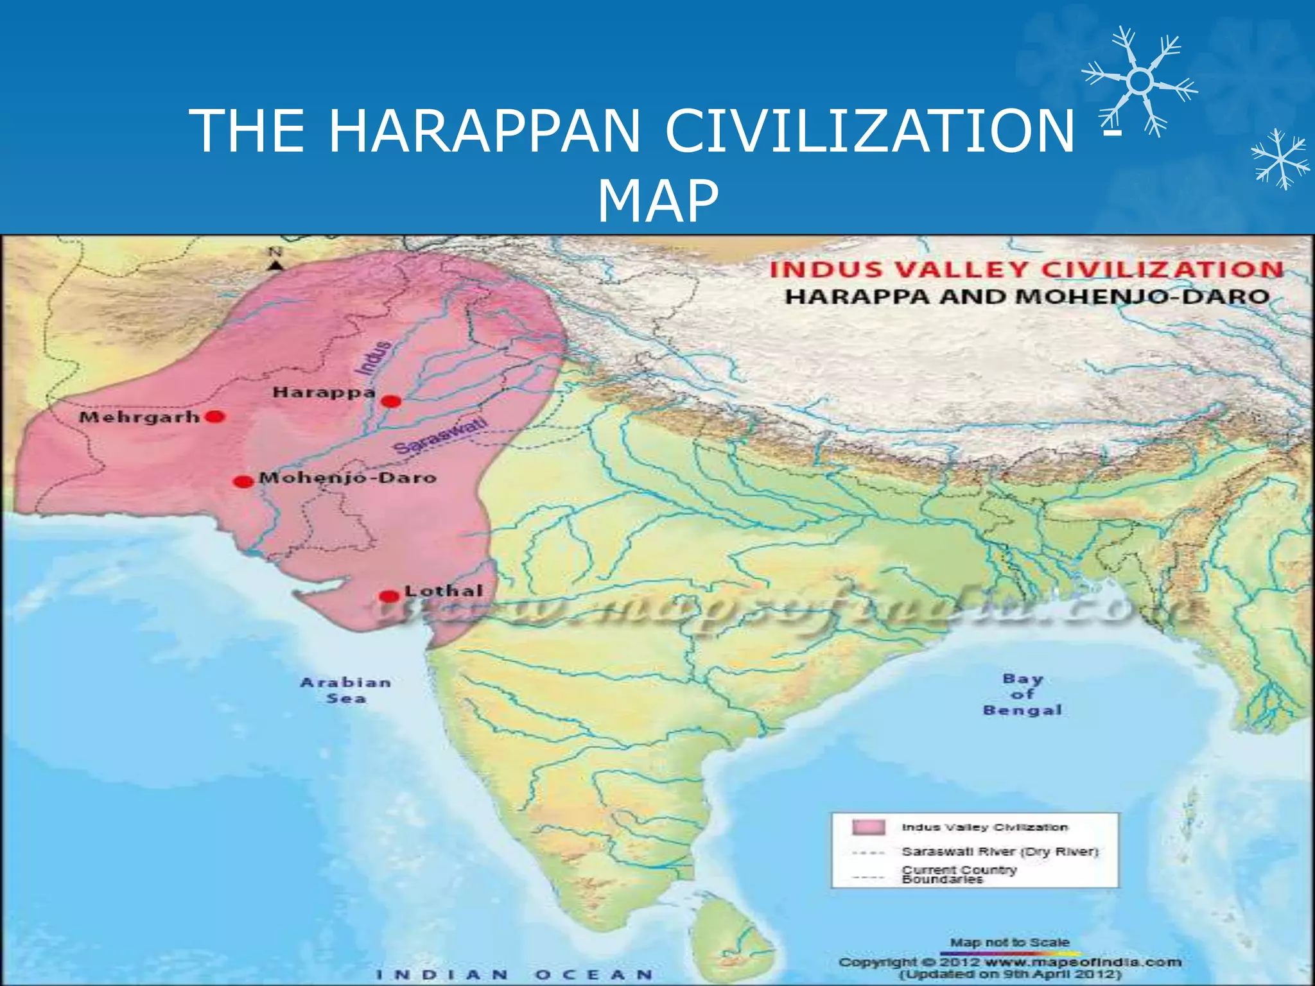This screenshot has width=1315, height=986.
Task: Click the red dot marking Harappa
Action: coord(391,401)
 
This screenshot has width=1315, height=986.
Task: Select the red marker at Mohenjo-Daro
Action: coord(243,481)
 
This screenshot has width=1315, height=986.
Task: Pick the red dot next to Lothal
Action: coord(388,596)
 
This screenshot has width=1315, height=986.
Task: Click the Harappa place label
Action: coord(324,392)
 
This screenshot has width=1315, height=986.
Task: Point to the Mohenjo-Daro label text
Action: coord(347,478)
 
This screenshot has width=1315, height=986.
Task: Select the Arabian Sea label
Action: coord(346,690)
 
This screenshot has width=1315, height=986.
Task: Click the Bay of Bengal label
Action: coord(1022,694)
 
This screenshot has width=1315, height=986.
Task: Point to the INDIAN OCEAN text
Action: coord(514,974)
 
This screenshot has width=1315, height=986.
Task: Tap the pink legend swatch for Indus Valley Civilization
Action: coord(868,827)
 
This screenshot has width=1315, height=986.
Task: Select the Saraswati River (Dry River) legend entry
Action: coord(999,851)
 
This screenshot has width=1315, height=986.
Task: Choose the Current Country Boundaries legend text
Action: coord(959,874)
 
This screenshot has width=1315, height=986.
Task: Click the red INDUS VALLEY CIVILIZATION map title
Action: coord(1025,270)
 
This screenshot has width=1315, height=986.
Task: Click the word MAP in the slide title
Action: coord(657,201)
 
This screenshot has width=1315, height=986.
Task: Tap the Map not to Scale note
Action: coord(1009,942)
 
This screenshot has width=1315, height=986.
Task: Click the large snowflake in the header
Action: coord(1140,82)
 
